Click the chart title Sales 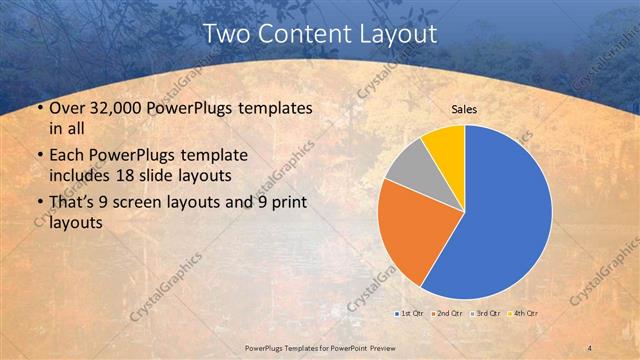pos(463,107)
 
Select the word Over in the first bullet pos(66,108)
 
